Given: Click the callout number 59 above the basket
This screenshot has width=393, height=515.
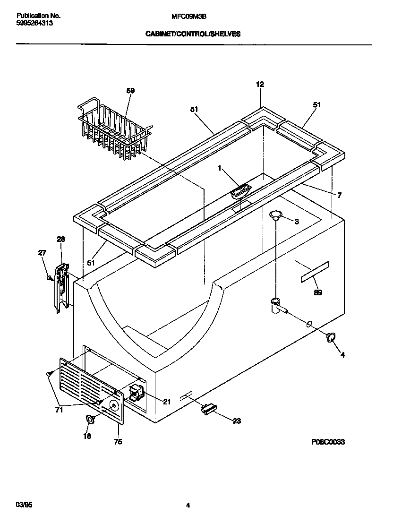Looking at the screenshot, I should (131, 91).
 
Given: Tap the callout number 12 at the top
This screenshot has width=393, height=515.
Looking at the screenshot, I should (260, 85).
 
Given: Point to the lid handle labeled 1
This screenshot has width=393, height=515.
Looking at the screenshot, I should (240, 190).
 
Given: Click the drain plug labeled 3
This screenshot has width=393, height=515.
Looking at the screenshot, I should (276, 216).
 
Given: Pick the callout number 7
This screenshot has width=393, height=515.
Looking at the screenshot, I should (339, 195).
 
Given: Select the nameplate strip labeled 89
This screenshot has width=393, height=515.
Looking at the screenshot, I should (314, 272).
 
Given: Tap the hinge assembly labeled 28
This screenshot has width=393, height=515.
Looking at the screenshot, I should (61, 288).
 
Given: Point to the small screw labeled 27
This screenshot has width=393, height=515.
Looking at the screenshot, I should (50, 278).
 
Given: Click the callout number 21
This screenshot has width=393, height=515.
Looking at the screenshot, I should (167, 402).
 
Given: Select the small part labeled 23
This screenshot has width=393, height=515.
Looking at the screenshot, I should (207, 410).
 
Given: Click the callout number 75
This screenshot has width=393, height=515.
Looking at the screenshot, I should (118, 442).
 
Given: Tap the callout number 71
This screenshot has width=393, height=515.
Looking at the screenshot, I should (59, 410).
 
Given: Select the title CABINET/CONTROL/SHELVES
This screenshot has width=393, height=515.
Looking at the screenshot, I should (193, 34).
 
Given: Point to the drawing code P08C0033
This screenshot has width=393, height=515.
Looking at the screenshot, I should (328, 442).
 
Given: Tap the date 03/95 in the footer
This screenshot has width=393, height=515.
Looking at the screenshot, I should (23, 505).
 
